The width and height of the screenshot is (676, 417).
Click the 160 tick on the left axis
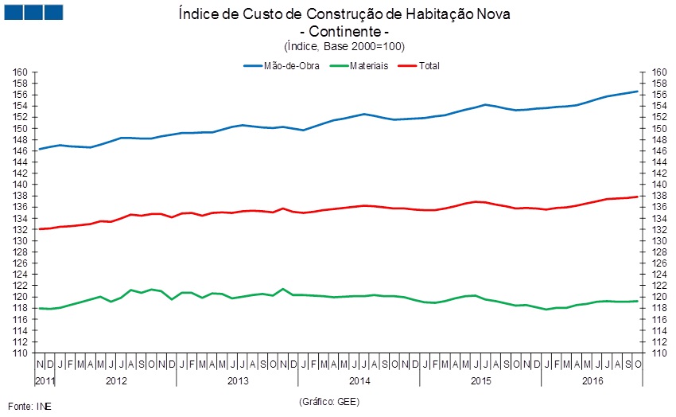coord(21,72)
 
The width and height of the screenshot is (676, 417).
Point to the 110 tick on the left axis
coord(21,353)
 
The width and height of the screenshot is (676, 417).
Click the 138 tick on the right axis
coord(659,196)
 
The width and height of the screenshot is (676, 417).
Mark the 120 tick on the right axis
coord(659,297)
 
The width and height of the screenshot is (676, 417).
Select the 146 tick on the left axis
coord(21,151)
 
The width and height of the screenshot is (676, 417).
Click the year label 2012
coord(116,381)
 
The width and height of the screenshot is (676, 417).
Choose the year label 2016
coord(592,381)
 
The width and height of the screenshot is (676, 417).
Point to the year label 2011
coord(45,381)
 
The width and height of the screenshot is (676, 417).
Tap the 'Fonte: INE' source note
coord(29,406)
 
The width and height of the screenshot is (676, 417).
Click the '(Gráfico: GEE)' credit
coord(329,402)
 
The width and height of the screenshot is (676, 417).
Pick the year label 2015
coord(481,381)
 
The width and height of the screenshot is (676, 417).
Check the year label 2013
coord(238,381)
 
